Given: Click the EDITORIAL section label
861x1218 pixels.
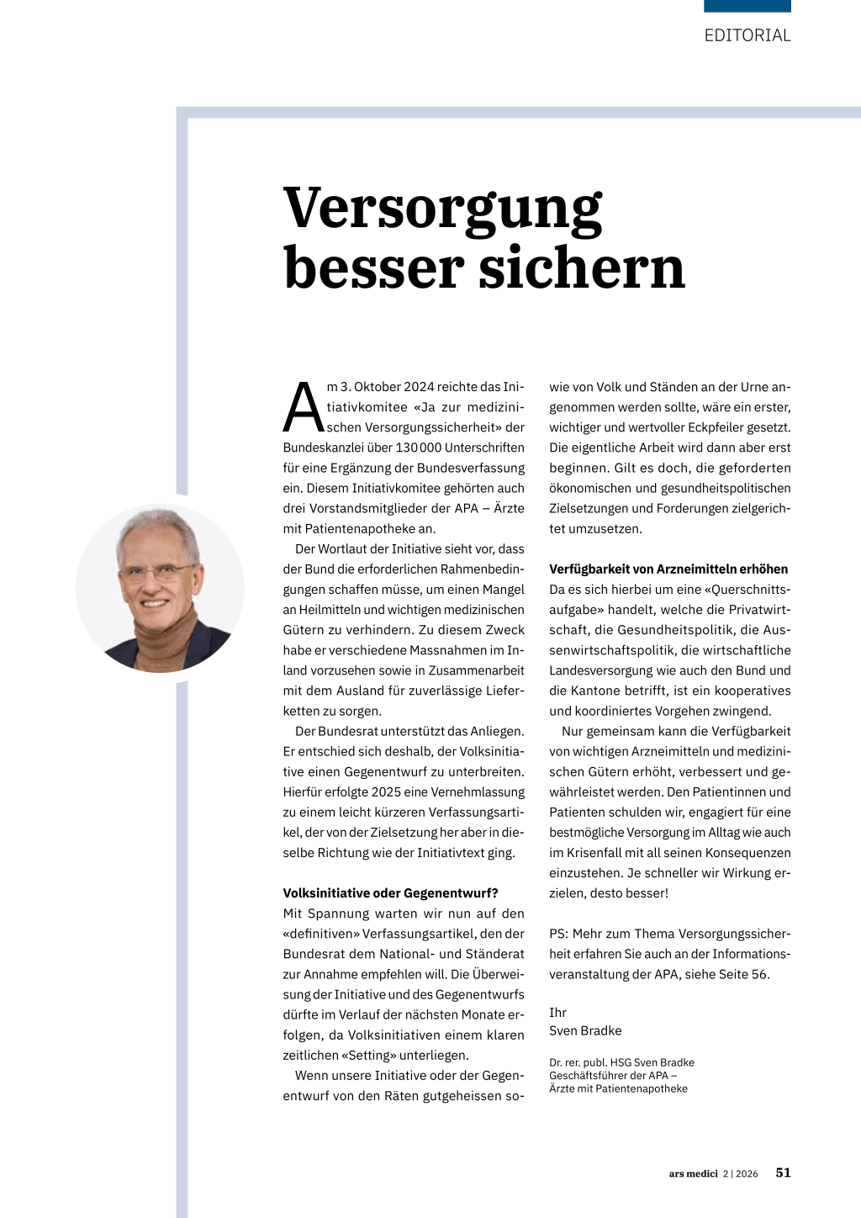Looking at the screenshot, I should point(747,35).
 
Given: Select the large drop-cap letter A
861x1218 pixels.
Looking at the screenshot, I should point(303,408).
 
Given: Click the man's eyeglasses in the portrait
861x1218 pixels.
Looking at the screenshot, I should point(157,572).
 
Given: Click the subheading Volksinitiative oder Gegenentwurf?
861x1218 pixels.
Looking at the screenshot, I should point(390,893).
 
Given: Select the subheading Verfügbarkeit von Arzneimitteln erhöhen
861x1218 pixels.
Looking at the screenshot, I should point(668,569).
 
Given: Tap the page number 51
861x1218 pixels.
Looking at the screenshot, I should point(783,1173).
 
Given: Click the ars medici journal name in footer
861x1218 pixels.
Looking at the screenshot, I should point(693,1173).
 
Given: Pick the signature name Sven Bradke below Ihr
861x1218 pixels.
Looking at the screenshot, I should point(585,1030).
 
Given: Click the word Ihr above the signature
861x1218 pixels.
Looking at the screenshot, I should point(557,1013).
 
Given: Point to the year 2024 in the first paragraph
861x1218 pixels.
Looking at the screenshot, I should point(419,387).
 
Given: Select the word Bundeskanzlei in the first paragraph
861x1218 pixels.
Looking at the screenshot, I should point(323,447).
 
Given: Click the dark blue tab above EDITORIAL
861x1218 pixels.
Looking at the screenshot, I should point(747,6).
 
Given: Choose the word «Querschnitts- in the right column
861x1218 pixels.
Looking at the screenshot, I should point(743,590).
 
